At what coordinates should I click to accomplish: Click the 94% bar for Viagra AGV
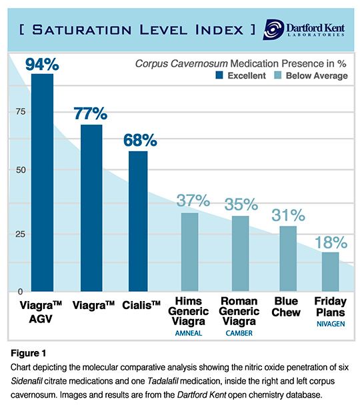[x=42, y=183]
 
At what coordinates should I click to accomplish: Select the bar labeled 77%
[x=91, y=208]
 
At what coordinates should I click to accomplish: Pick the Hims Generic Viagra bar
[x=190, y=252]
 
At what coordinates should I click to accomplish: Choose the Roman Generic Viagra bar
[x=241, y=254]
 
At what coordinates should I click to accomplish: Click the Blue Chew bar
[x=288, y=258]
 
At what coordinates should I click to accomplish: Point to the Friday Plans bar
[x=330, y=272]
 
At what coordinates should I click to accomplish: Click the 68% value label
[x=139, y=141]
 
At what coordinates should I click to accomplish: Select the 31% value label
[x=288, y=215]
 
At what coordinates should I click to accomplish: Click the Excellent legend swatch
[x=217, y=76]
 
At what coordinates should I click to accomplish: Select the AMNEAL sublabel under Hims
[x=191, y=332]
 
